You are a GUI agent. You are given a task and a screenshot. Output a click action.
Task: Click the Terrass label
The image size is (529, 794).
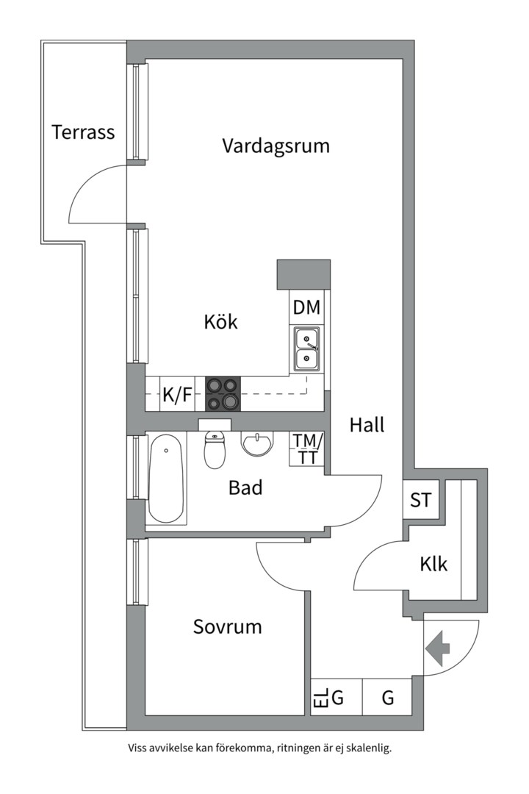click(83, 132)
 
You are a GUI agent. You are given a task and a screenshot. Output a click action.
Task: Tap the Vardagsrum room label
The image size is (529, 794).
click(276, 146)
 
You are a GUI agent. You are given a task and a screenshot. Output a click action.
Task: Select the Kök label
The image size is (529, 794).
click(221, 321)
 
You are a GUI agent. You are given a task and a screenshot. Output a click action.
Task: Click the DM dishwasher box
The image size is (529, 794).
click(306, 307)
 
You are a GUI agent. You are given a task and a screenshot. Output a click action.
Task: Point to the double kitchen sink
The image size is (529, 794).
click(306, 349)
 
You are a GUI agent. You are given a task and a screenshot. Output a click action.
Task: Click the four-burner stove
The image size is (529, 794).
click(223, 393)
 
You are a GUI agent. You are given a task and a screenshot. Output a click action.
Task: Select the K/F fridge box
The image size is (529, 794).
click(177, 395)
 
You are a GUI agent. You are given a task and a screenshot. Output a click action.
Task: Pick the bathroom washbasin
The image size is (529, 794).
click(257, 444)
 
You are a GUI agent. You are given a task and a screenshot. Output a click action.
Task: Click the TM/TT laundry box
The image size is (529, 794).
click(307, 448)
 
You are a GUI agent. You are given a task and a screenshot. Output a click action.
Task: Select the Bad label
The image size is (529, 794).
click(245, 487)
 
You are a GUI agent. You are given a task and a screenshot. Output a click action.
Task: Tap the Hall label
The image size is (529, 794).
click(367, 425)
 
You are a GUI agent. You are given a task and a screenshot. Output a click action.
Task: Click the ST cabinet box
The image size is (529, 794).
click(420, 501)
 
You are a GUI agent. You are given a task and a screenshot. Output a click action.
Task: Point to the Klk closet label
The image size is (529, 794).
click(433, 565)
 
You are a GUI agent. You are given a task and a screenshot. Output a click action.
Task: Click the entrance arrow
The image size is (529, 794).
click(438, 648)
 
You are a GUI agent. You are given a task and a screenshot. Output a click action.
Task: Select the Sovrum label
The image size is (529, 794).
click(227, 626)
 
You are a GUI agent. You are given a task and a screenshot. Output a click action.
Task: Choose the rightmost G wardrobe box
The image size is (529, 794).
click(388, 697)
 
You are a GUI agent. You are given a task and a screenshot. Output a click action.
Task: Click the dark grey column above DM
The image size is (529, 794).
click(303, 274)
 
